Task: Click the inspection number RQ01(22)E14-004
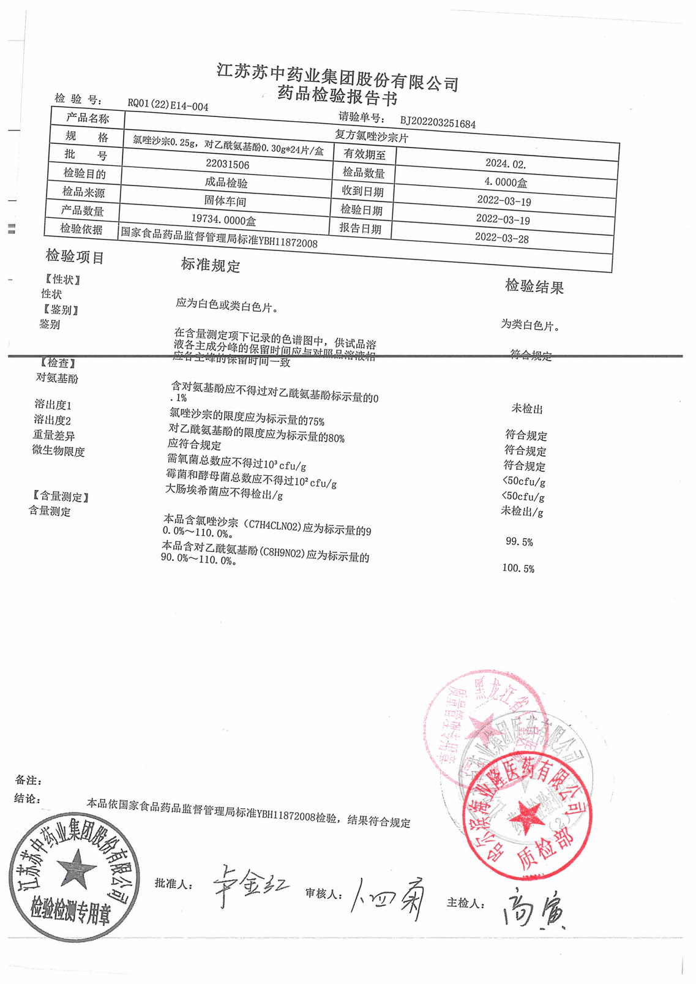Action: (168, 105)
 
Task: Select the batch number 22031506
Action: (227, 164)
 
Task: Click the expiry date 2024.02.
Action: (506, 163)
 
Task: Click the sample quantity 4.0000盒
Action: (506, 182)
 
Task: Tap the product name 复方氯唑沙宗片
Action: (371, 137)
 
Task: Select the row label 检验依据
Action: (81, 229)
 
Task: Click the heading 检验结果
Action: (534, 286)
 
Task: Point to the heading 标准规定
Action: (210, 265)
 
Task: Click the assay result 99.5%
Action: (519, 542)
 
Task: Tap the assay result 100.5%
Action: (518, 568)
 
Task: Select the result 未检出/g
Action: (522, 511)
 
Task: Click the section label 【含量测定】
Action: (61, 497)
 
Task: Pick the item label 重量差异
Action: (54, 435)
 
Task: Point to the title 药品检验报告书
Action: (337, 96)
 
